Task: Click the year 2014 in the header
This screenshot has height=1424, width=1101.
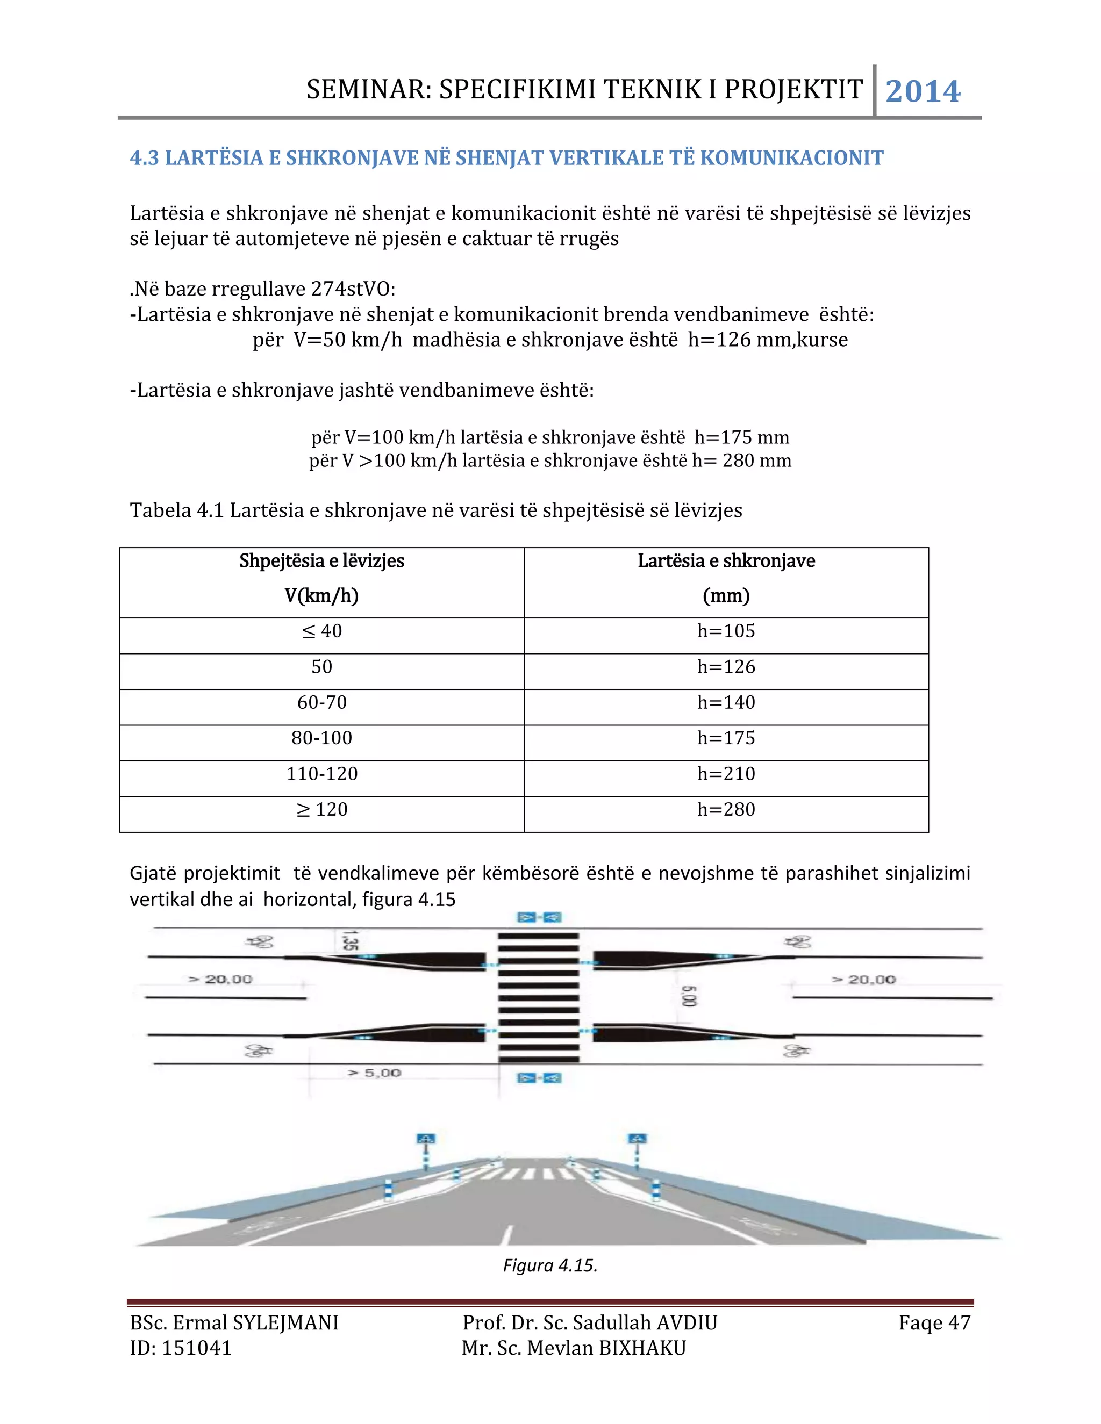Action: (923, 91)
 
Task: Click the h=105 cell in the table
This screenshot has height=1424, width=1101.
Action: (725, 631)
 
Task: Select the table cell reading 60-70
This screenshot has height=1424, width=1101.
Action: (321, 702)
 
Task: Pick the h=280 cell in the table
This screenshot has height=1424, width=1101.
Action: (725, 809)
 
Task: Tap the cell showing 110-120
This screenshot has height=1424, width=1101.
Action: (321, 774)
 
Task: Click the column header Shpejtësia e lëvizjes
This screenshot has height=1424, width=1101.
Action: (321, 560)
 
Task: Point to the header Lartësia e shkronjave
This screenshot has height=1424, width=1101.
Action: (726, 560)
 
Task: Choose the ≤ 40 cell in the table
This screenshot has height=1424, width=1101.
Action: (321, 631)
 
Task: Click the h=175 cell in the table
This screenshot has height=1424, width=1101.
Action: (725, 738)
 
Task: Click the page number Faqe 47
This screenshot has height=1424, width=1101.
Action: (934, 1323)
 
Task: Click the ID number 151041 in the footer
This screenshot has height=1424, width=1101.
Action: (196, 1348)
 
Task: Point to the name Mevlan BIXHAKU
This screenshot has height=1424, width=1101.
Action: (606, 1348)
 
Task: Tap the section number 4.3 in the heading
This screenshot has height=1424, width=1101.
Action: (144, 158)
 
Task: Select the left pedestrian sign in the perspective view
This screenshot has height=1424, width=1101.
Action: (425, 1139)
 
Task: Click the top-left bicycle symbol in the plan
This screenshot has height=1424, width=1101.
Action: (260, 941)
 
